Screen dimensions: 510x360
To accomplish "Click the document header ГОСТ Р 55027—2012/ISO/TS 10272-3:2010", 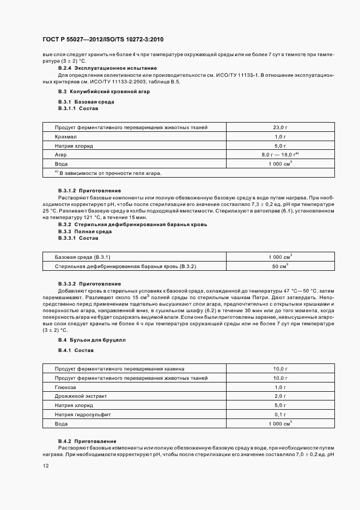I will [x=103, y=40].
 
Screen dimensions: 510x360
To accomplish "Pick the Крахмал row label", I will [x=65, y=137].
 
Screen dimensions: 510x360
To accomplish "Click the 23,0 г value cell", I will [x=280, y=127].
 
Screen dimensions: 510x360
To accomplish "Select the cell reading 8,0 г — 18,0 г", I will [x=280, y=155].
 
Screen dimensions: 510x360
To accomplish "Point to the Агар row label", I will [x=60, y=155].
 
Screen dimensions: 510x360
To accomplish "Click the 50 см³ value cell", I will [x=280, y=266].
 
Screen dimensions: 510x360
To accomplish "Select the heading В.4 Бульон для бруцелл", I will [x=91, y=340].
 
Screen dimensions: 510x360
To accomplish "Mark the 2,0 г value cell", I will [x=280, y=396].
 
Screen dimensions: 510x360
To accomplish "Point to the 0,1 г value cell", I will [x=280, y=415].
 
